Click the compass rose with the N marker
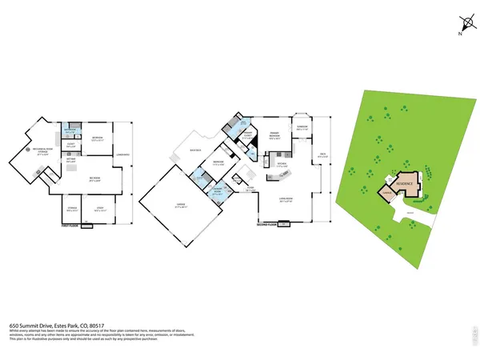pyautogui.click(x=463, y=26)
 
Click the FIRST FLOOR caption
pyautogui.click(x=73, y=226)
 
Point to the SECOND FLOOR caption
pyautogui.click(x=266, y=226)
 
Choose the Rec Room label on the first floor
pyautogui.click(x=94, y=180)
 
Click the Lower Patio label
pyautogui.click(x=122, y=154)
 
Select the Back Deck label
pyautogui.click(x=194, y=150)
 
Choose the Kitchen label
pyautogui.click(x=282, y=164)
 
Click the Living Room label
pyautogui.click(x=286, y=200)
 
